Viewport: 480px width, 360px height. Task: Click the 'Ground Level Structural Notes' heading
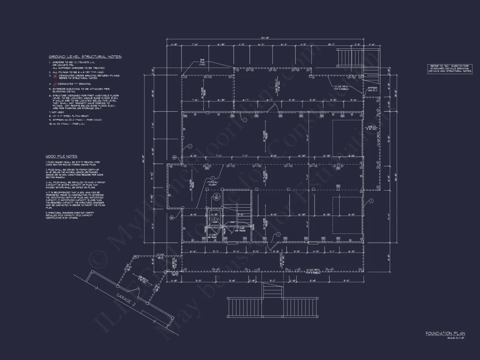(85, 57)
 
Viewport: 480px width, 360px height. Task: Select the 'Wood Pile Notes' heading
(62, 156)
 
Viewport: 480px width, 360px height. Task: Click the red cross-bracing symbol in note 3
(55, 75)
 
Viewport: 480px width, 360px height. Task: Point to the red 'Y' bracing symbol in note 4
(55, 83)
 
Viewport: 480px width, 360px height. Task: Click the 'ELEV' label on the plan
(214, 207)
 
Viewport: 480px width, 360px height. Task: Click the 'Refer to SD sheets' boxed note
(449, 68)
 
